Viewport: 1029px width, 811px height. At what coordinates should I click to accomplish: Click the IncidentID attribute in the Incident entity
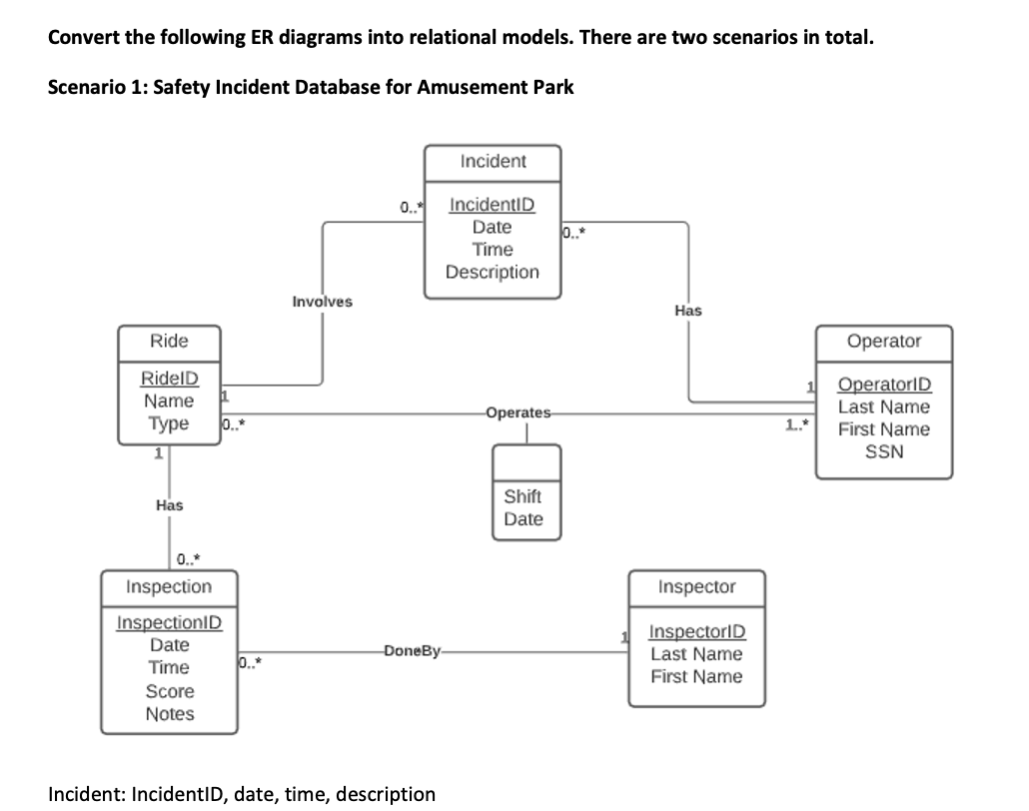pyautogui.click(x=492, y=205)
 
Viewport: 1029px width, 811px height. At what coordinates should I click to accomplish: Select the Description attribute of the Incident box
pyautogui.click(x=492, y=272)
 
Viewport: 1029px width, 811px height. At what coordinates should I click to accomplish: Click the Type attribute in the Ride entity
pyautogui.click(x=169, y=422)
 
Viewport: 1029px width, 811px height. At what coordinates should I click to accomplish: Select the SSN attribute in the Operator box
pyautogui.click(x=883, y=451)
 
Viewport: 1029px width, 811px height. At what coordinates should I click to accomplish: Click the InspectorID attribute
pyautogui.click(x=696, y=632)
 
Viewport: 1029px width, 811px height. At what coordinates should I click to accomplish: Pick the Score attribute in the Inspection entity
pyautogui.click(x=170, y=691)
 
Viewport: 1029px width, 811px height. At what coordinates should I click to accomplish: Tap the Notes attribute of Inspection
pyautogui.click(x=170, y=714)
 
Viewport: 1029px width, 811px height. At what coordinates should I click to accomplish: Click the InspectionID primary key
pyautogui.click(x=170, y=623)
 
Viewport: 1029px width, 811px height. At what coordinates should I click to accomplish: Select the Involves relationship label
pyautogui.click(x=322, y=302)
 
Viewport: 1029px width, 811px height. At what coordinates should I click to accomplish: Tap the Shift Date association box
pyautogui.click(x=523, y=507)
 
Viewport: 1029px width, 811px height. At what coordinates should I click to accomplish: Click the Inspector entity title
pyautogui.click(x=697, y=587)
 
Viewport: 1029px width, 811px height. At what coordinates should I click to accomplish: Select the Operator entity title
pyautogui.click(x=883, y=341)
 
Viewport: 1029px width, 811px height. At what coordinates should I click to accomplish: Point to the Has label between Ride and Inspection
pyautogui.click(x=169, y=506)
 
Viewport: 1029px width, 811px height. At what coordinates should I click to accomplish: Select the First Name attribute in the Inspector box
pyautogui.click(x=696, y=676)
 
